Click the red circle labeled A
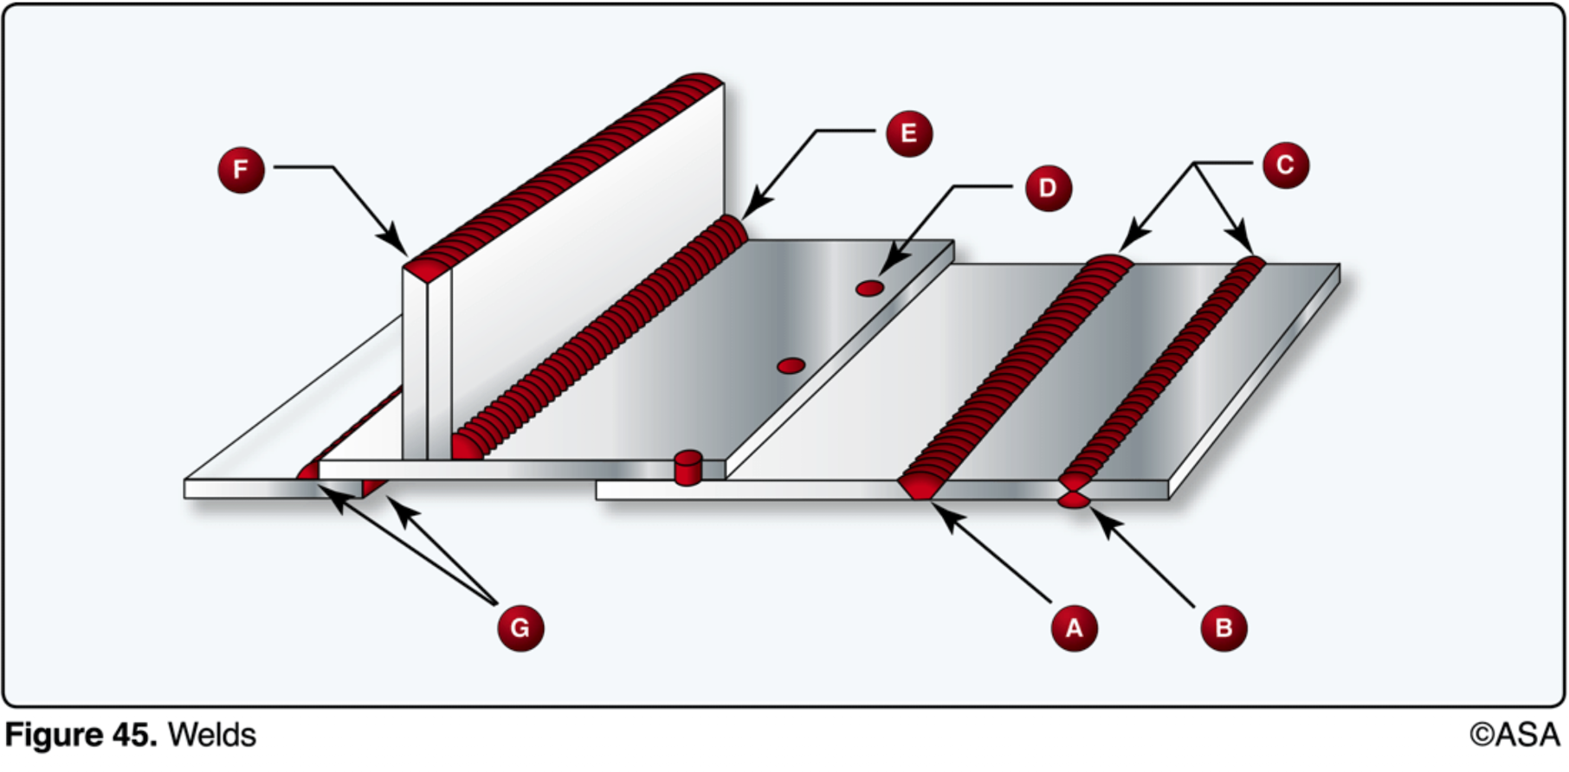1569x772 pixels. (x=1074, y=627)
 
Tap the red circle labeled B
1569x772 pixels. (x=1224, y=627)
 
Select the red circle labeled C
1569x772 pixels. (x=1285, y=164)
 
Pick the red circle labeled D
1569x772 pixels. (x=1048, y=188)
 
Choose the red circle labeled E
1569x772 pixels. (x=908, y=133)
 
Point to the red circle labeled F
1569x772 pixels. (x=241, y=170)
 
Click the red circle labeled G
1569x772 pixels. (x=520, y=627)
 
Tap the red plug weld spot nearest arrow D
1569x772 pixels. (x=869, y=288)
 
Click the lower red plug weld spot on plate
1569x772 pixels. (x=791, y=366)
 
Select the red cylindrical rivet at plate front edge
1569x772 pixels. (x=688, y=468)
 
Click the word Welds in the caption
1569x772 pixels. (x=211, y=735)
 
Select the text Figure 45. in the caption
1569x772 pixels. (x=81, y=735)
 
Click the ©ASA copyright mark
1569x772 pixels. (x=1514, y=735)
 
